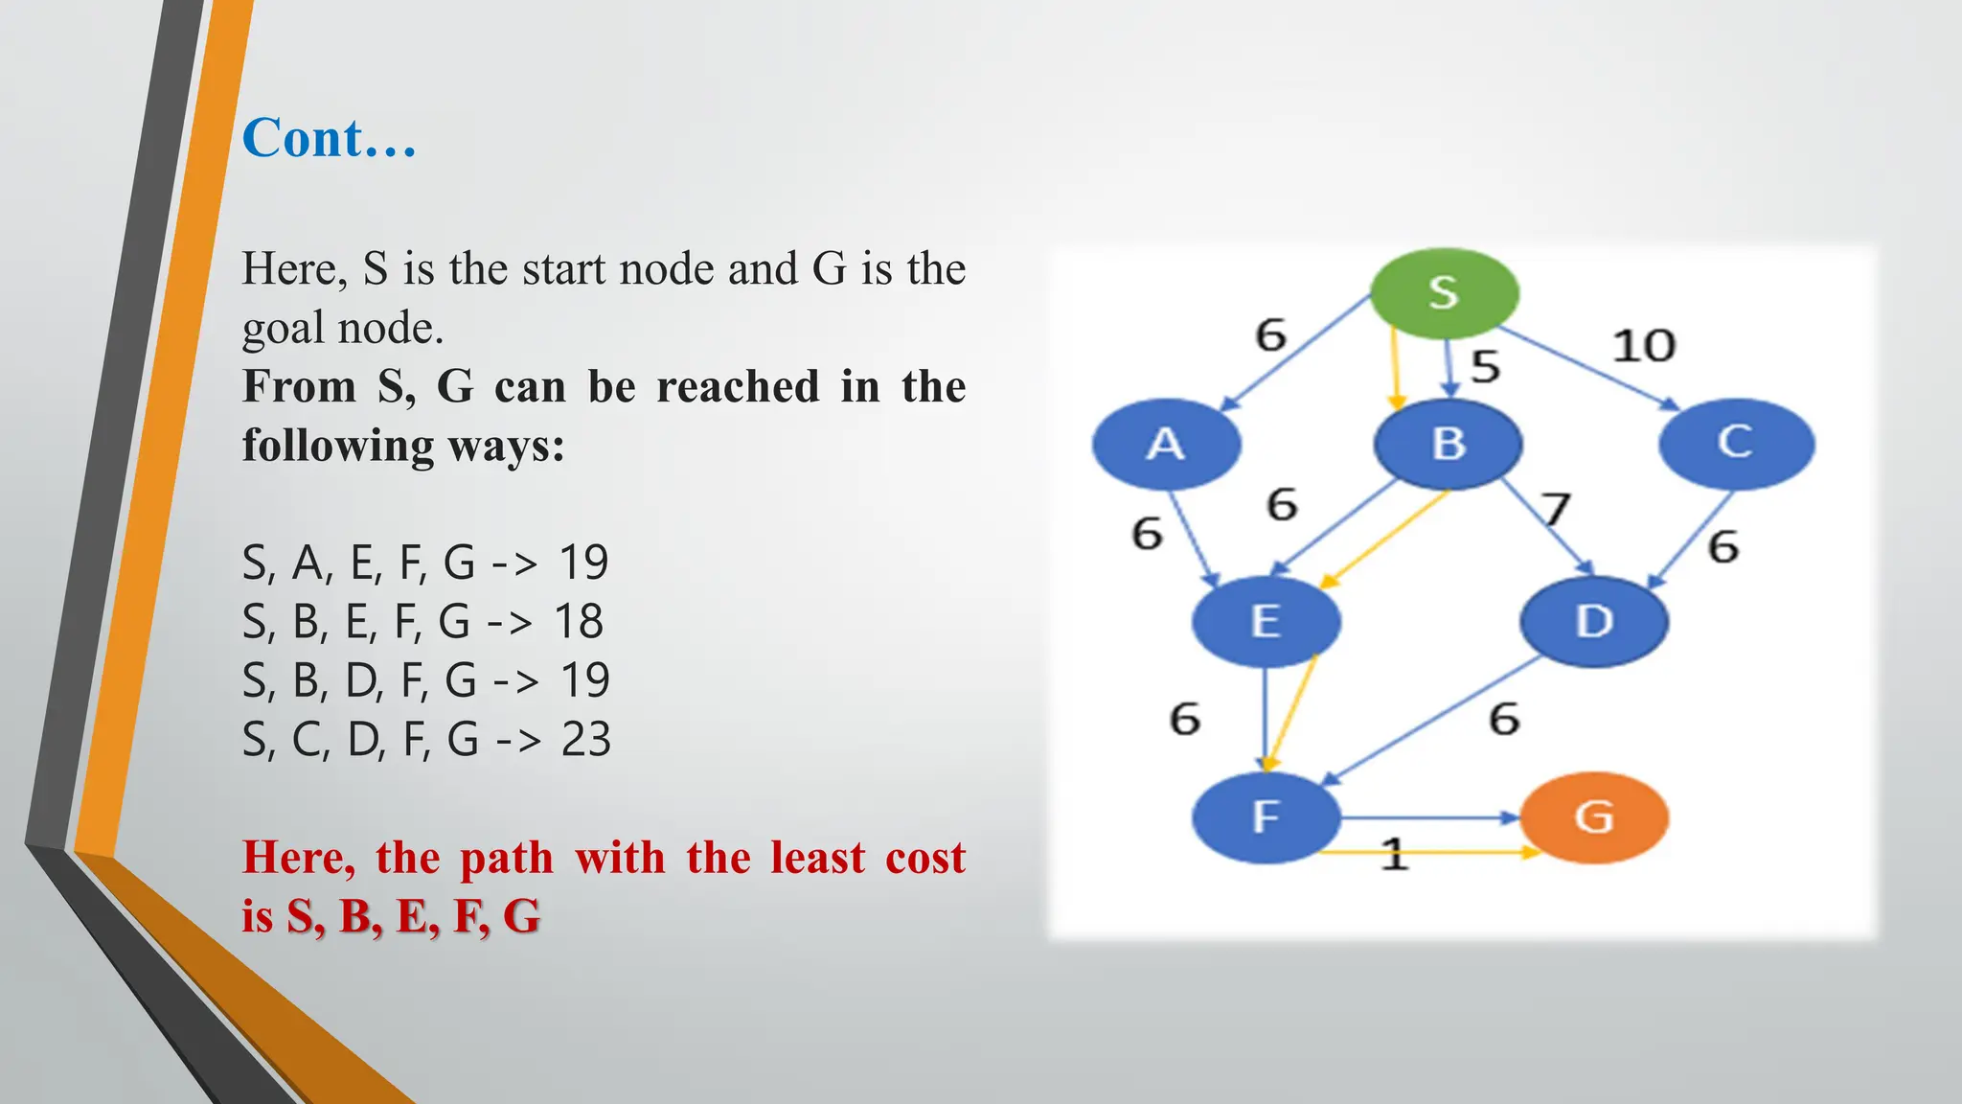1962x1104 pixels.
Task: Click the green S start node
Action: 1444,292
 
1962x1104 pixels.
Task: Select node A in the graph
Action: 1166,444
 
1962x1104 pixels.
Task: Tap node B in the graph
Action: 1449,444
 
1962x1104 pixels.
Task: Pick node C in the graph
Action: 1736,443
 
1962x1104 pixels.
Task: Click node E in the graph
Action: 1266,621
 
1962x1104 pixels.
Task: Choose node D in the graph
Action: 1594,621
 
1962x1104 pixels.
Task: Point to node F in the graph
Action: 1266,817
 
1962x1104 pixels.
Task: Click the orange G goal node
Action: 1594,817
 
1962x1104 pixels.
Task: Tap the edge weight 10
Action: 1644,346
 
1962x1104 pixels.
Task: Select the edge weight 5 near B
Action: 1485,366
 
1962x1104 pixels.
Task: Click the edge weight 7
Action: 1556,508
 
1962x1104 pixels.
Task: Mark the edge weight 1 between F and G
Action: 1395,854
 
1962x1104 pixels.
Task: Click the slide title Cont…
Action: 329,138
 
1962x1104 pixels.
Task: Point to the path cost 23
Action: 585,740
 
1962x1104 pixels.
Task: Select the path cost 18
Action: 579,622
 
